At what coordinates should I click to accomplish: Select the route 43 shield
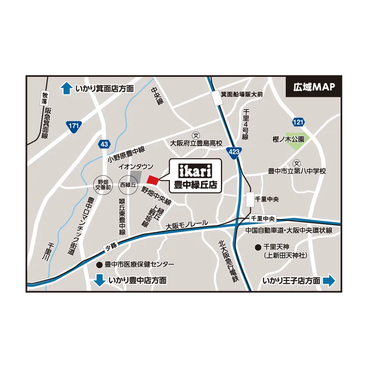pyautogui.click(x=103, y=144)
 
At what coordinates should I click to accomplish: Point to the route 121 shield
pyautogui.click(x=298, y=122)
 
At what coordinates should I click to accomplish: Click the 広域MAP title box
pyautogui.click(x=314, y=87)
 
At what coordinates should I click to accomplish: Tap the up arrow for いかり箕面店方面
pyautogui.click(x=66, y=88)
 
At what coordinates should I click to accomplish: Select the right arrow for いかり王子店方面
pyautogui.click(x=329, y=281)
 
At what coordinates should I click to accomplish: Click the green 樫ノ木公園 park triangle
pyautogui.click(x=297, y=138)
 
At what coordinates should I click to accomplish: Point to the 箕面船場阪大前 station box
pyautogui.click(x=216, y=98)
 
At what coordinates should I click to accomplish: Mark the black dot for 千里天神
pyautogui.click(x=258, y=248)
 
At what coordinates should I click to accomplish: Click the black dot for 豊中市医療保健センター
pyautogui.click(x=99, y=265)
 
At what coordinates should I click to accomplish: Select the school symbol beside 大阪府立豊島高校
pyautogui.click(x=196, y=136)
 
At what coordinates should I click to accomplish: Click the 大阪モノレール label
pyautogui.click(x=187, y=224)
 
